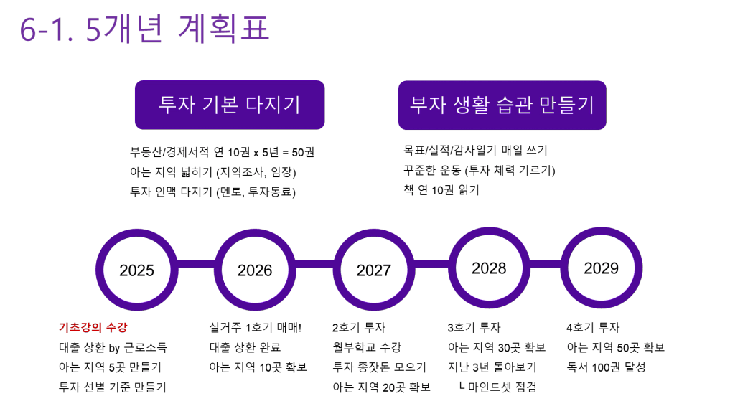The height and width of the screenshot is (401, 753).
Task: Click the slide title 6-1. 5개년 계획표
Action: pos(144,30)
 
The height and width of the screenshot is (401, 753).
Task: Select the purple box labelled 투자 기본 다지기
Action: pos(229,105)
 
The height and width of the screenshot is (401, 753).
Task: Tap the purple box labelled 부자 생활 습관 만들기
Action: pos(502,105)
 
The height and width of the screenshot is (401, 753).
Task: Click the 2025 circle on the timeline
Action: pos(136,270)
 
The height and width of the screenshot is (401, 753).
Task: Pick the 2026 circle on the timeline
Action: pos(255,270)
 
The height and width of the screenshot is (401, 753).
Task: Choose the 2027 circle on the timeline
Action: pos(373,270)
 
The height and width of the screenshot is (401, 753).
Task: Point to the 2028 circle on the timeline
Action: pos(488,268)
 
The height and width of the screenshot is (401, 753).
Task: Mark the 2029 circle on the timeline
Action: pos(601,268)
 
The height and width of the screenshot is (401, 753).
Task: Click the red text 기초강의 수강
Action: pos(93,328)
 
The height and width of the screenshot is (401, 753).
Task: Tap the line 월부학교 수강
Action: pos(367,347)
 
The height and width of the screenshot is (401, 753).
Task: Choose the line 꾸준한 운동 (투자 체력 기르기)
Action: pos(480,171)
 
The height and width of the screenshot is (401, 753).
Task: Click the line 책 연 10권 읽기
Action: pos(441,191)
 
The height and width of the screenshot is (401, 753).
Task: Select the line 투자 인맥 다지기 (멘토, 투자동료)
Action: pos(212,192)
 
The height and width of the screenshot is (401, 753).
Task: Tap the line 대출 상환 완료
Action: pos(245,347)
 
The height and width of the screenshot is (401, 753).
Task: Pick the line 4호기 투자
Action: pos(592,328)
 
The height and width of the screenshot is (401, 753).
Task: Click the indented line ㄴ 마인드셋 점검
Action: pos(497,387)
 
